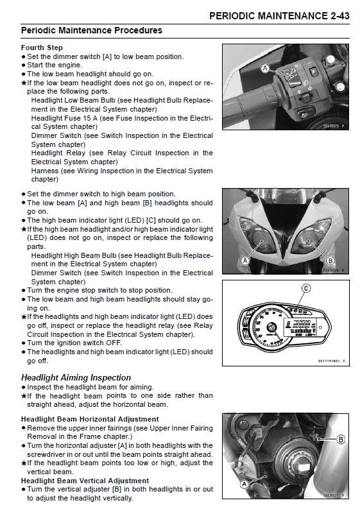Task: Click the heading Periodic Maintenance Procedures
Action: click(x=92, y=30)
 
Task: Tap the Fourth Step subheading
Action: click(x=42, y=47)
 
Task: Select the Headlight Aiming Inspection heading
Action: click(x=76, y=377)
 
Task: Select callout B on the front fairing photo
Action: click(x=330, y=261)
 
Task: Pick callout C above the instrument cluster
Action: click(x=306, y=288)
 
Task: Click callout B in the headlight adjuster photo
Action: click(x=341, y=440)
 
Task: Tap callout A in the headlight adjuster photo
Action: click(x=243, y=486)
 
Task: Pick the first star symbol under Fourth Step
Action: click(x=24, y=83)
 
